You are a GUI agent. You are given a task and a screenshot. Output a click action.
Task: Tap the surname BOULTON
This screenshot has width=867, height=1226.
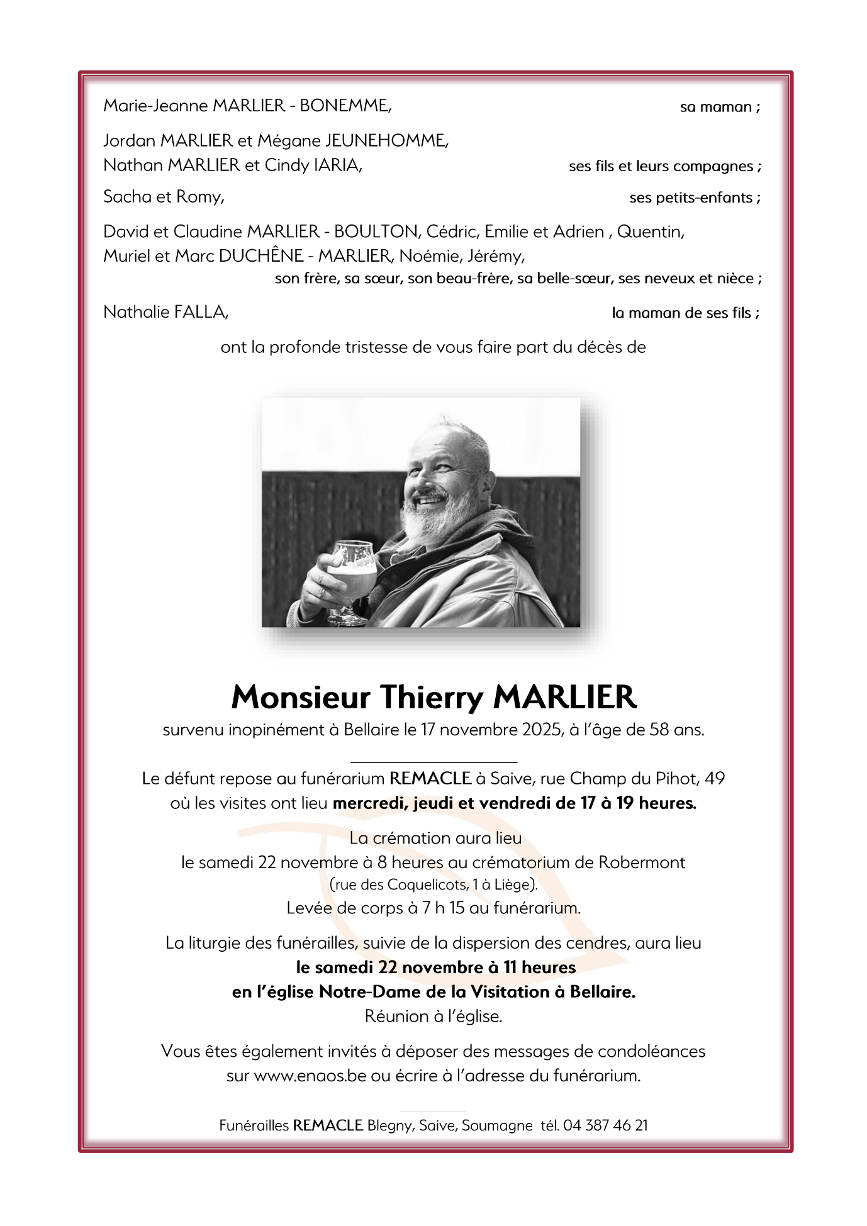pyautogui.click(x=377, y=231)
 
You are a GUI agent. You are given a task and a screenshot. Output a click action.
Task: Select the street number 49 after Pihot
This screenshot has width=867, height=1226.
pyautogui.click(x=715, y=779)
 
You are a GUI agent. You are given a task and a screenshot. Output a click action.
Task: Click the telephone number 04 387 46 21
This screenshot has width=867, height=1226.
pyautogui.click(x=605, y=1125)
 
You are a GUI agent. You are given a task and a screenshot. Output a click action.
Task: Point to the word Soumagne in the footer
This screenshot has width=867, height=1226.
pyautogui.click(x=497, y=1125)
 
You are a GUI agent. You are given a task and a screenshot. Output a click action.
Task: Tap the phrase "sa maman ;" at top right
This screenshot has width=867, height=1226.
pyautogui.click(x=720, y=107)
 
